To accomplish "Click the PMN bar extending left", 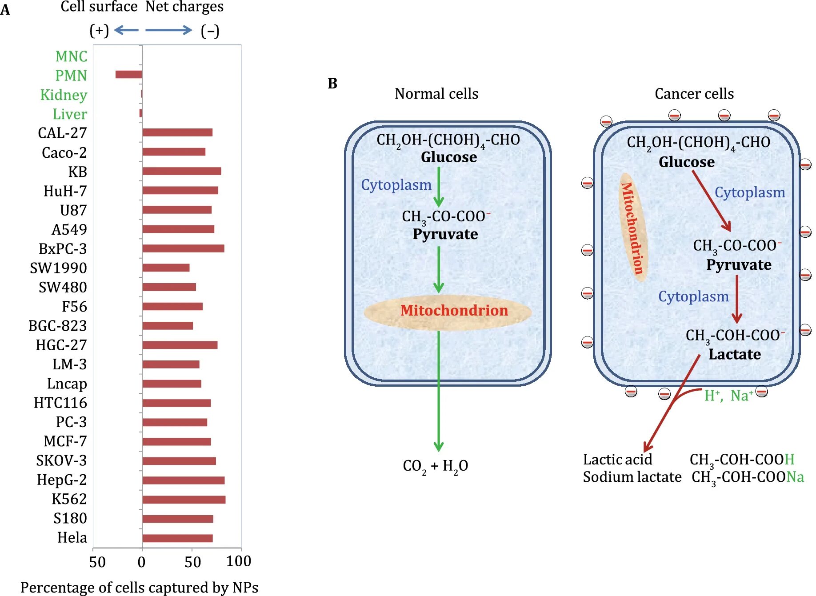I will (x=128, y=75).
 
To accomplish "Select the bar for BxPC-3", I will (x=183, y=248).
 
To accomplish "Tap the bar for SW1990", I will (x=166, y=268).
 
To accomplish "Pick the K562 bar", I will (x=184, y=500).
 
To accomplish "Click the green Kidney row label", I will (x=64, y=95).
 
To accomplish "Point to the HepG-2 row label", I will (x=62, y=480).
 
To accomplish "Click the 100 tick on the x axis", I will (x=239, y=561).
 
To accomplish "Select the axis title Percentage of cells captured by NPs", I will (x=139, y=587).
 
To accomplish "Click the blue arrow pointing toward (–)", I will (x=168, y=30).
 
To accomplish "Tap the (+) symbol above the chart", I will (x=99, y=31).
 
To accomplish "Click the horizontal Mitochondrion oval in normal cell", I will (x=448, y=312).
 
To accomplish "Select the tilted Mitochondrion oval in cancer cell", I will (x=633, y=227).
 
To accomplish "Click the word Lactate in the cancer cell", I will (x=734, y=354).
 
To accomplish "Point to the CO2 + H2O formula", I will (x=435, y=466).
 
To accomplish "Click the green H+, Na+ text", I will (x=728, y=395).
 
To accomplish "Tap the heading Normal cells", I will (x=436, y=94).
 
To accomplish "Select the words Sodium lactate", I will (x=632, y=477).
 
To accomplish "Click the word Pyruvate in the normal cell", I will (x=445, y=234).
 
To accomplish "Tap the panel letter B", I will (x=332, y=84).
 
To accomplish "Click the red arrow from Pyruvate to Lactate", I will (x=736, y=299).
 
